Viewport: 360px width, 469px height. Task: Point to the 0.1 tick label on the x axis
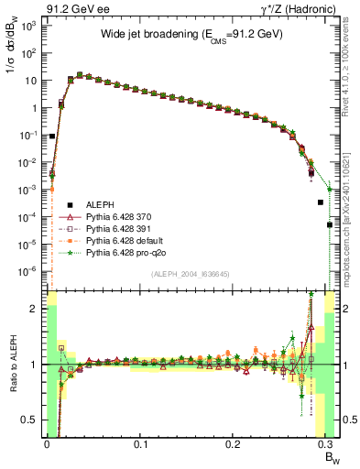140,444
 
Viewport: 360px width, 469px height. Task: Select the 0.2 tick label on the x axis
234,444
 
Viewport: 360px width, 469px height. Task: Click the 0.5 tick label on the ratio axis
30,420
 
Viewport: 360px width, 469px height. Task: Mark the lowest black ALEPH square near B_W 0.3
330,224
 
